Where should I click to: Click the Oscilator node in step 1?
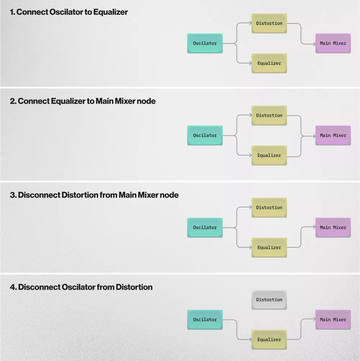tap(205, 43)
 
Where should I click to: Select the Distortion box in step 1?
tap(269, 23)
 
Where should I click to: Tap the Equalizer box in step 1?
tap(269, 63)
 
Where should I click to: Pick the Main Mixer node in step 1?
tap(333, 43)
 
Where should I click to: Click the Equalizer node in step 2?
tap(269, 155)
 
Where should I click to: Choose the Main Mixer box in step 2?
tap(333, 135)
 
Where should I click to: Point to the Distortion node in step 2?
tap(269, 116)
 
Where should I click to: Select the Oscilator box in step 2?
tap(205, 135)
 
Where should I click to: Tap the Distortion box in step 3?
tap(269, 208)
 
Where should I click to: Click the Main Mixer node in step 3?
tap(333, 227)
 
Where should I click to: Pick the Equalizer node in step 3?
tap(269, 248)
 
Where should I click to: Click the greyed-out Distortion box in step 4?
tap(269, 300)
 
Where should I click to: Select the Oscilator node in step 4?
tap(205, 320)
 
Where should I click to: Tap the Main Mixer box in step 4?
tap(333, 320)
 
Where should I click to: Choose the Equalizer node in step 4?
tap(269, 339)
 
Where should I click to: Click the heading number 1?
tap(12, 12)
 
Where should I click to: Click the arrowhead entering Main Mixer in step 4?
tap(314, 319)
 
